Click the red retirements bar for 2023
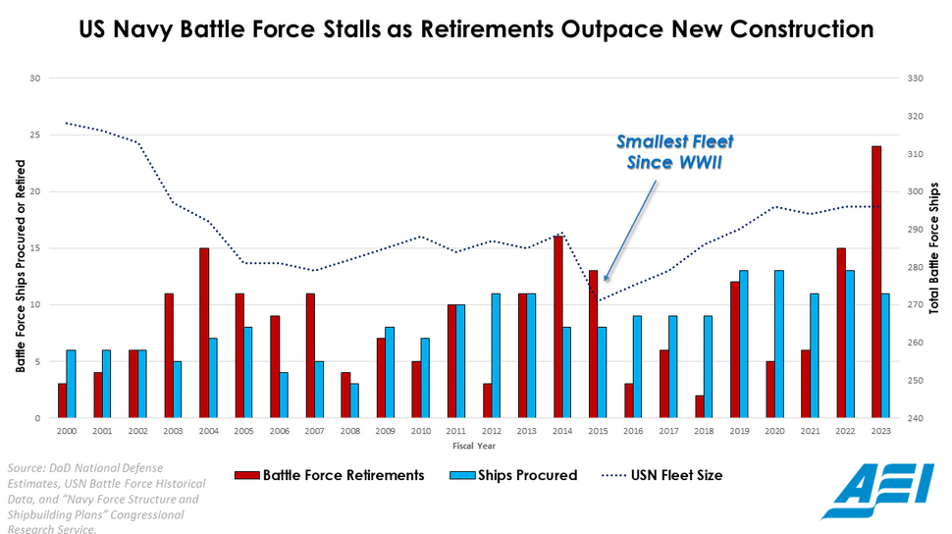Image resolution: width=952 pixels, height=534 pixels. pyautogui.click(x=876, y=282)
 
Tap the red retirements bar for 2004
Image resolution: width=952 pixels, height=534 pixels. pyautogui.click(x=204, y=333)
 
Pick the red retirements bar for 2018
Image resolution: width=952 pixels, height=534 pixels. pyautogui.click(x=699, y=406)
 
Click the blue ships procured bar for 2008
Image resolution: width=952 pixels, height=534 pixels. pyautogui.click(x=355, y=400)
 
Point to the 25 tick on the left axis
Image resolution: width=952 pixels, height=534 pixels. pyautogui.click(x=35, y=134)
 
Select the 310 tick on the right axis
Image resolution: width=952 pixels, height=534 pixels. pyautogui.click(x=915, y=154)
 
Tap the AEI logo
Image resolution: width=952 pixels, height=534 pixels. pyautogui.click(x=877, y=490)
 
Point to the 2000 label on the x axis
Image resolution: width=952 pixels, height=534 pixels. pyautogui.click(x=66, y=431)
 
